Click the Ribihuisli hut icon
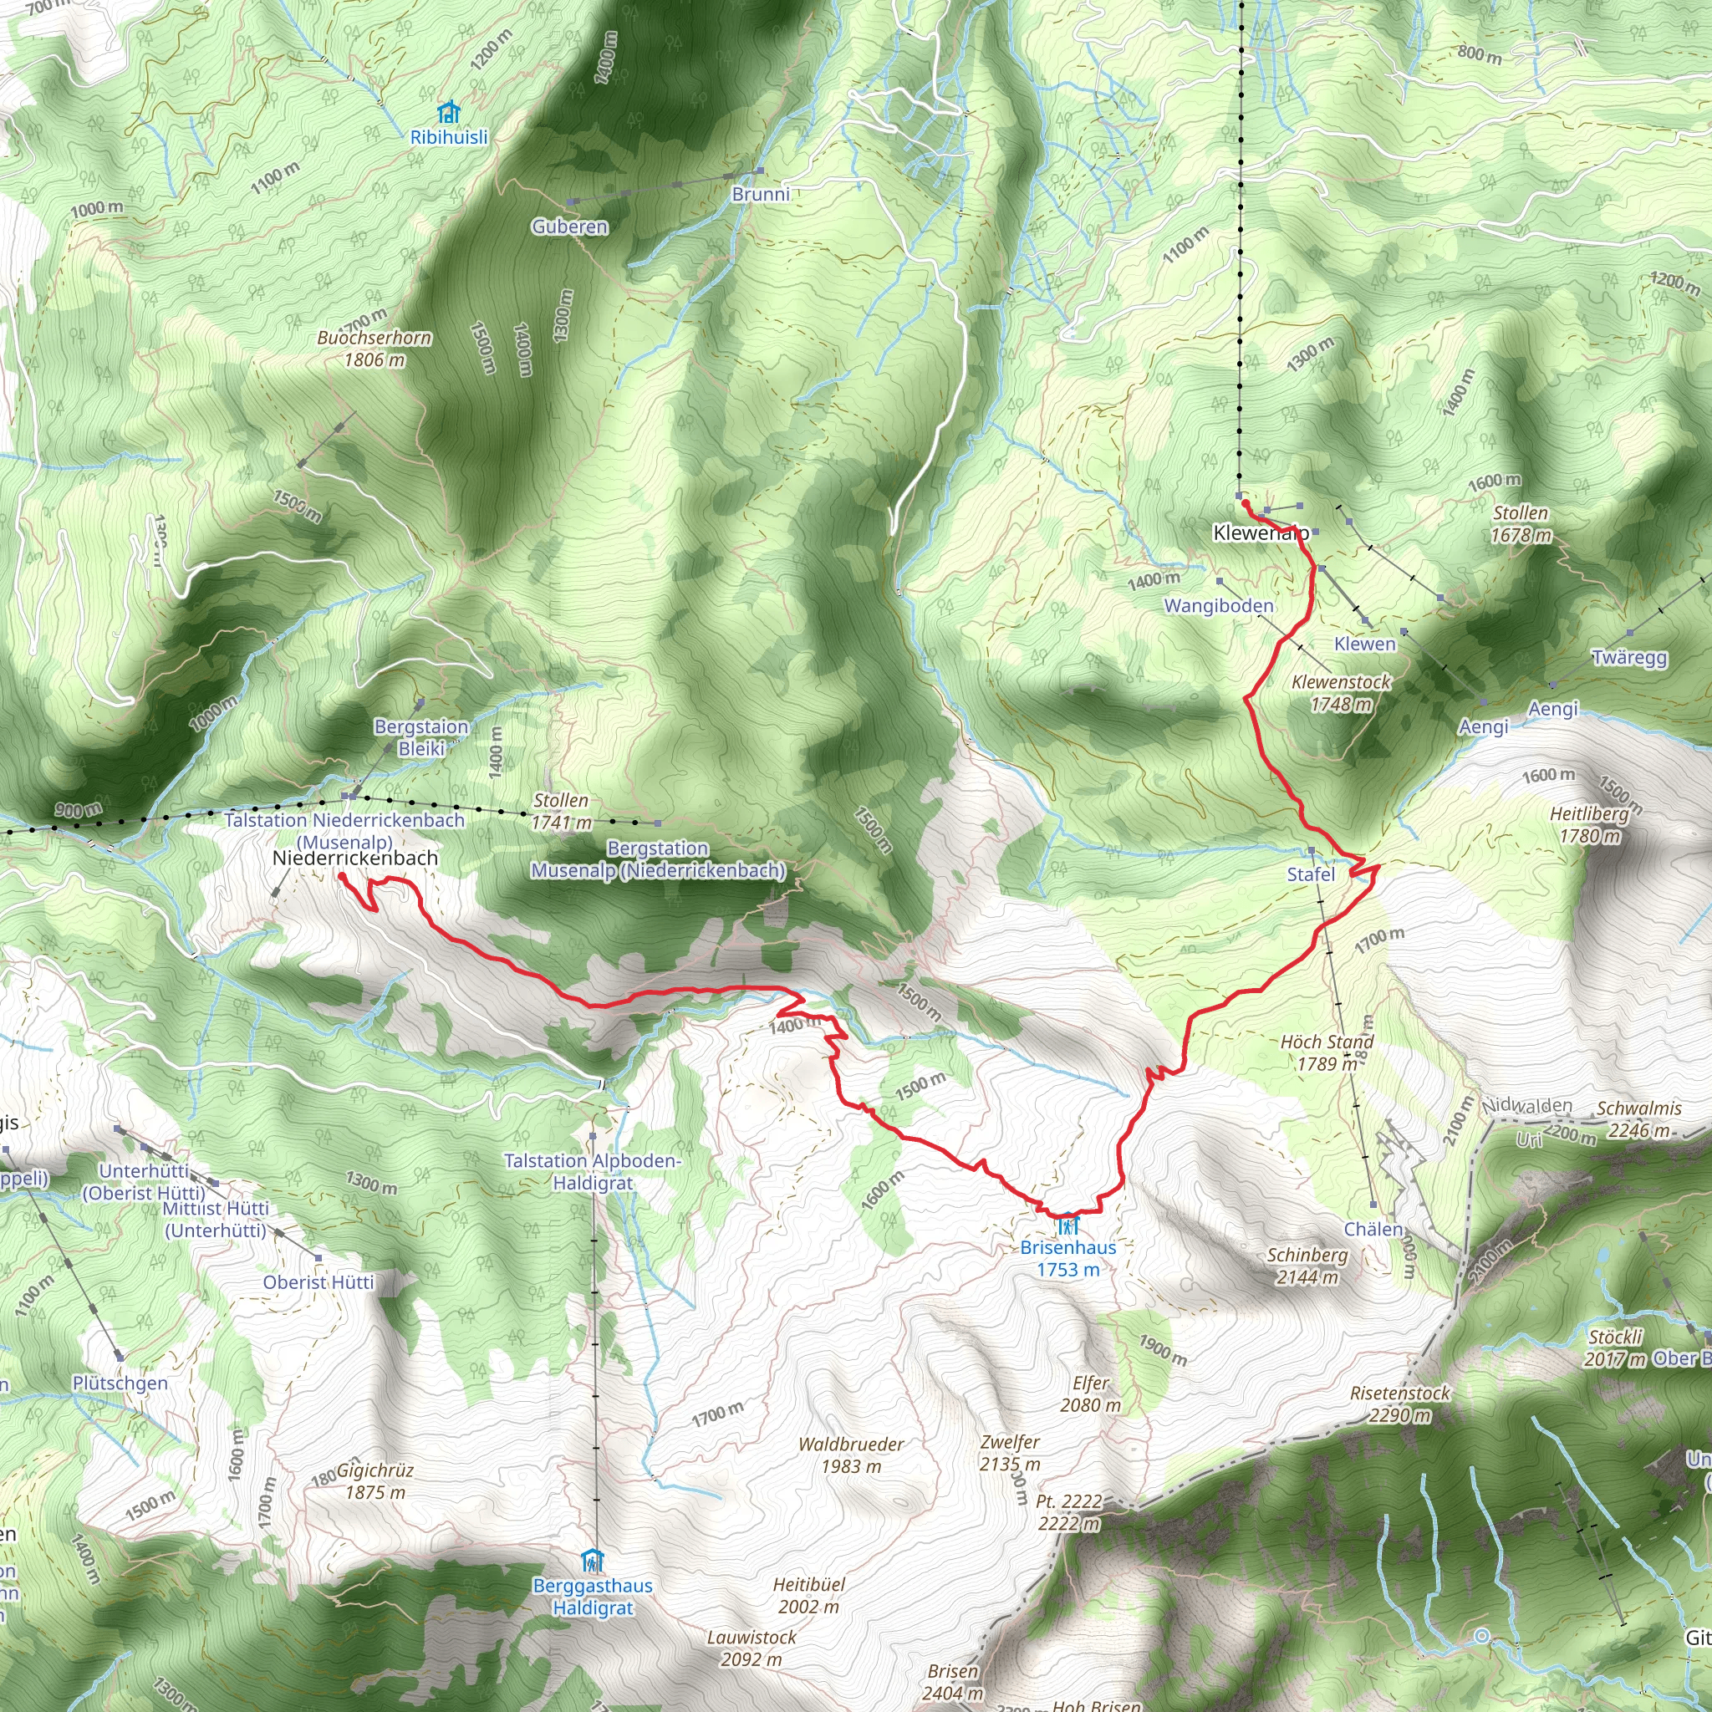449,113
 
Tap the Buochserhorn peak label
374,349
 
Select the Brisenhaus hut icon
1067,1225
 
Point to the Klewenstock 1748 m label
1341,693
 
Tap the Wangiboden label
1219,606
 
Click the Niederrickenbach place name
355,858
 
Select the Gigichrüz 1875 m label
374,1480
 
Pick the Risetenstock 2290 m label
1399,1404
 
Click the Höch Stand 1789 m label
1327,1052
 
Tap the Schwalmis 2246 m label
1638,1119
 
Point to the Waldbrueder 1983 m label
851,1455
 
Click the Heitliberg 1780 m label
1589,824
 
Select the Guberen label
570,227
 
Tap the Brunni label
761,194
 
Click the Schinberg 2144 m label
1307,1266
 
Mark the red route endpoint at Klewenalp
1245,503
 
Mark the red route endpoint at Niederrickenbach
341,875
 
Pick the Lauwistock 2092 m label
752,1648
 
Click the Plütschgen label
120,1383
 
